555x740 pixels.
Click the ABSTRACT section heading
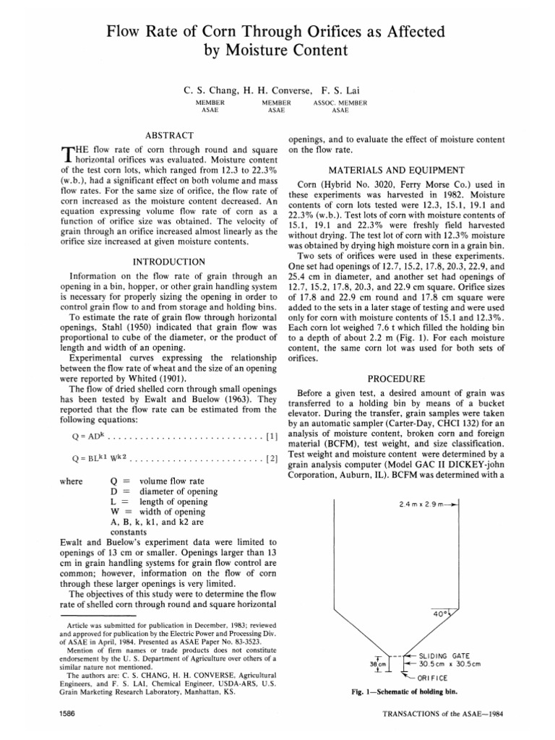169,135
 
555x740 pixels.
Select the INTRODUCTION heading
169,261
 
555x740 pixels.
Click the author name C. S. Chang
211,91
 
